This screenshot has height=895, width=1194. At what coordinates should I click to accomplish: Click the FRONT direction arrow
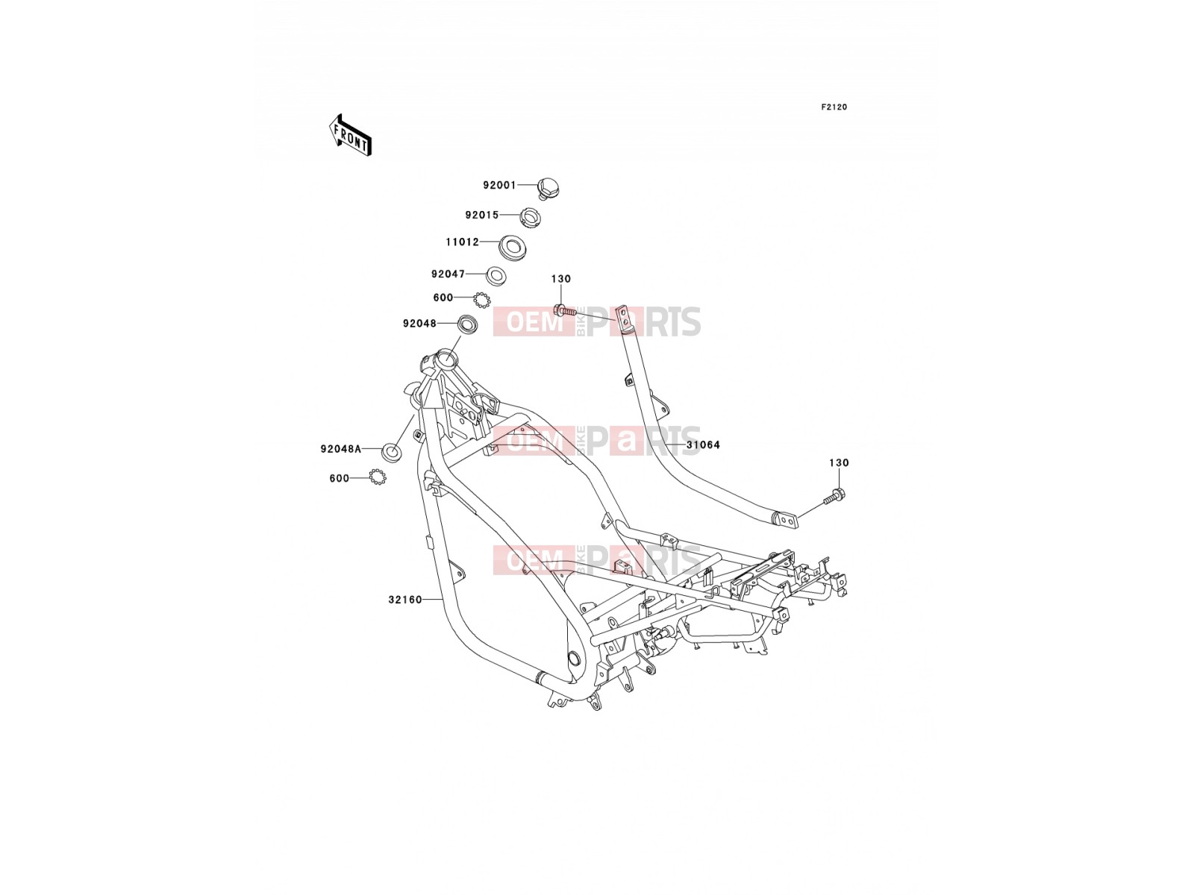(x=350, y=136)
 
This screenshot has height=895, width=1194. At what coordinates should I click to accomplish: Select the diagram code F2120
(x=834, y=107)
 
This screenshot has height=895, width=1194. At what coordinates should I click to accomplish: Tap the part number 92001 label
(x=499, y=185)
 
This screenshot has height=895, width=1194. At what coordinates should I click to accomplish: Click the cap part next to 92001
(x=548, y=189)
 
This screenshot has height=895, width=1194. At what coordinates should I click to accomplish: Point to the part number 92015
(x=482, y=216)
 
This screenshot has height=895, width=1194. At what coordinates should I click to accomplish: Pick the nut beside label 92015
(x=531, y=217)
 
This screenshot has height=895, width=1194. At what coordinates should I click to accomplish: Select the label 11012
(x=463, y=242)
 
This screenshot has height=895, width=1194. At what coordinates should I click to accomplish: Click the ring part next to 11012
(x=512, y=248)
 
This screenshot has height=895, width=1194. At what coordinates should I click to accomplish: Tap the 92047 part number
(x=448, y=274)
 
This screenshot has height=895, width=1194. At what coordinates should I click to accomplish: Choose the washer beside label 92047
(x=496, y=276)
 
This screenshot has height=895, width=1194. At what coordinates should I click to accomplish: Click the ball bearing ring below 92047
(x=481, y=300)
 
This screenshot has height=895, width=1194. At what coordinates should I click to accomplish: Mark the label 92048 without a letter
(x=419, y=324)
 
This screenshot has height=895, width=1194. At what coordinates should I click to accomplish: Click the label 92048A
(x=341, y=449)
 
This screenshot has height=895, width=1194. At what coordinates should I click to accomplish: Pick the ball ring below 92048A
(x=378, y=477)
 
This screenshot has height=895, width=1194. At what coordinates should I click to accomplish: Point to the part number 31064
(x=703, y=445)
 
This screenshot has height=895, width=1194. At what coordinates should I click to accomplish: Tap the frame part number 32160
(x=405, y=600)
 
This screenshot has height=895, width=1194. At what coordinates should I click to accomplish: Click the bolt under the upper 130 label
(x=564, y=311)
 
